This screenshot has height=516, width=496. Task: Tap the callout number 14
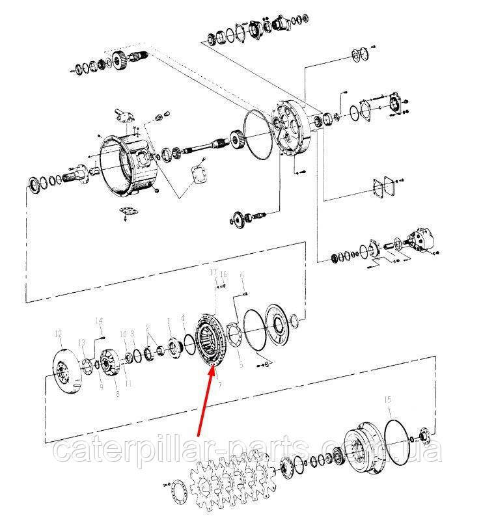click(99, 320)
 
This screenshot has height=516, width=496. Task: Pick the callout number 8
click(117, 394)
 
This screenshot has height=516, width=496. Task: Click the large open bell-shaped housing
click(128, 163)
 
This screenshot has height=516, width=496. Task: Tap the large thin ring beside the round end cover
click(258, 136)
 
